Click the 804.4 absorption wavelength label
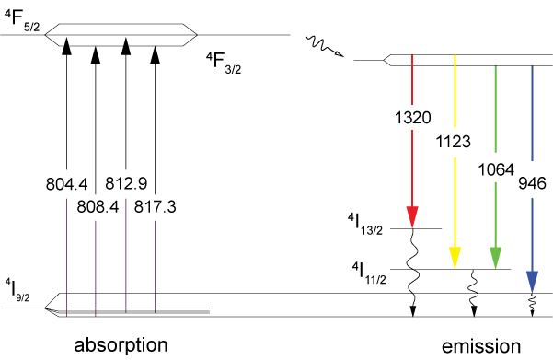pos(66,184)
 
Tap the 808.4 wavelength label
pos(98,207)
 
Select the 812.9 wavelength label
pos(126,183)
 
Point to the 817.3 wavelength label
pos(155,207)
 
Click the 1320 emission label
pos(412,118)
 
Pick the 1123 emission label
pos(454,142)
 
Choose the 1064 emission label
pos(496,170)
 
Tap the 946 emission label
pos(532,183)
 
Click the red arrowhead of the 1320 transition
pos(412,216)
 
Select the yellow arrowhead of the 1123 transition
pos(455,258)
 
